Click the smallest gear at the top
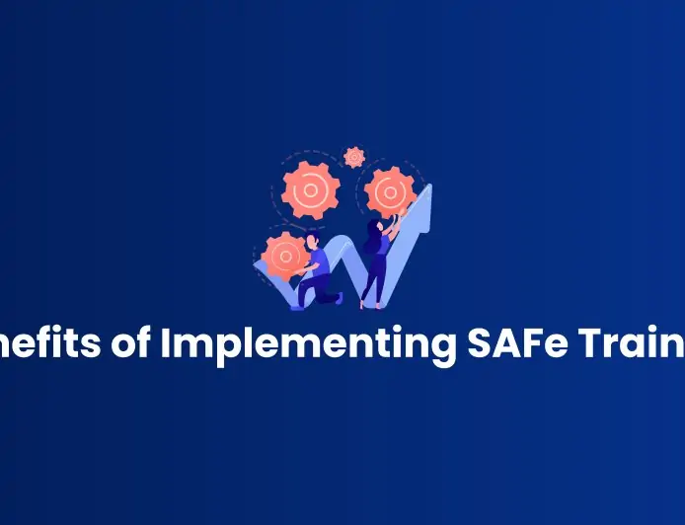pyautogui.click(x=354, y=157)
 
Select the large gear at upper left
pyautogui.click(x=311, y=189)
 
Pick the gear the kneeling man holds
pyautogui.click(x=284, y=254)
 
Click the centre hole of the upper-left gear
pyautogui.click(x=311, y=189)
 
